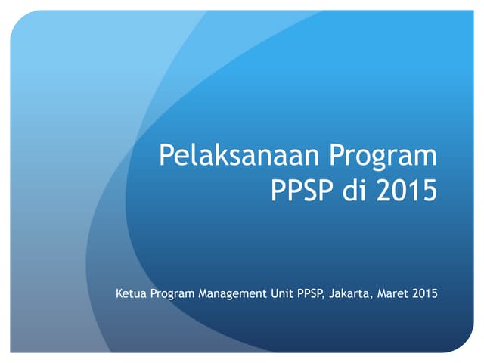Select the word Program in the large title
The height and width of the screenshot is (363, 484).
pyautogui.click(x=383, y=157)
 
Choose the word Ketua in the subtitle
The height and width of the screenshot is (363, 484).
pyautogui.click(x=131, y=292)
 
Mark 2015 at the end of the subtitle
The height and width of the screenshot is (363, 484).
pyautogui.click(x=425, y=292)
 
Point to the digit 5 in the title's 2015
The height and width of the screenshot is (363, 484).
pyautogui.click(x=429, y=189)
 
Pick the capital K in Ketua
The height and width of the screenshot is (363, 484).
pyautogui.click(x=119, y=292)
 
